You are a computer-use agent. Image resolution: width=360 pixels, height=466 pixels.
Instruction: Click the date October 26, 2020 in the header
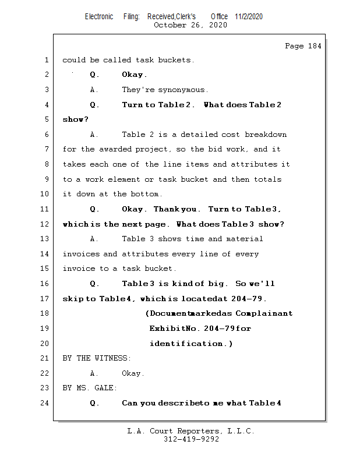pyautogui.click(x=190, y=25)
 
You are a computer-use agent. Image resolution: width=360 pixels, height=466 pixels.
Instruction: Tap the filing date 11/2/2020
pyautogui.click(x=249, y=16)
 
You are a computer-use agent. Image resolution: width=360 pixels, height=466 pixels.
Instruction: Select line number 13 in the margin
pyautogui.click(x=46, y=239)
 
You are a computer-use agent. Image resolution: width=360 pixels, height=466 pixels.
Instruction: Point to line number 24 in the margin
pyautogui.click(x=46, y=403)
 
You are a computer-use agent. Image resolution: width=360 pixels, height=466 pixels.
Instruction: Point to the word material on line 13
pyautogui.click(x=245, y=239)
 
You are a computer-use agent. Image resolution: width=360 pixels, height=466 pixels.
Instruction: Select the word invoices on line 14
pyautogui.click(x=81, y=254)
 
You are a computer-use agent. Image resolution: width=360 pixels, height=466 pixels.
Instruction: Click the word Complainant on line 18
pyautogui.click(x=264, y=313)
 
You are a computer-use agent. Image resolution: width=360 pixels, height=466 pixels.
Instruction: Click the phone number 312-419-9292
pyautogui.click(x=191, y=440)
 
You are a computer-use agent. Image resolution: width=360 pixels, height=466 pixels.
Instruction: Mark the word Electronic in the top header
pyautogui.click(x=99, y=16)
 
